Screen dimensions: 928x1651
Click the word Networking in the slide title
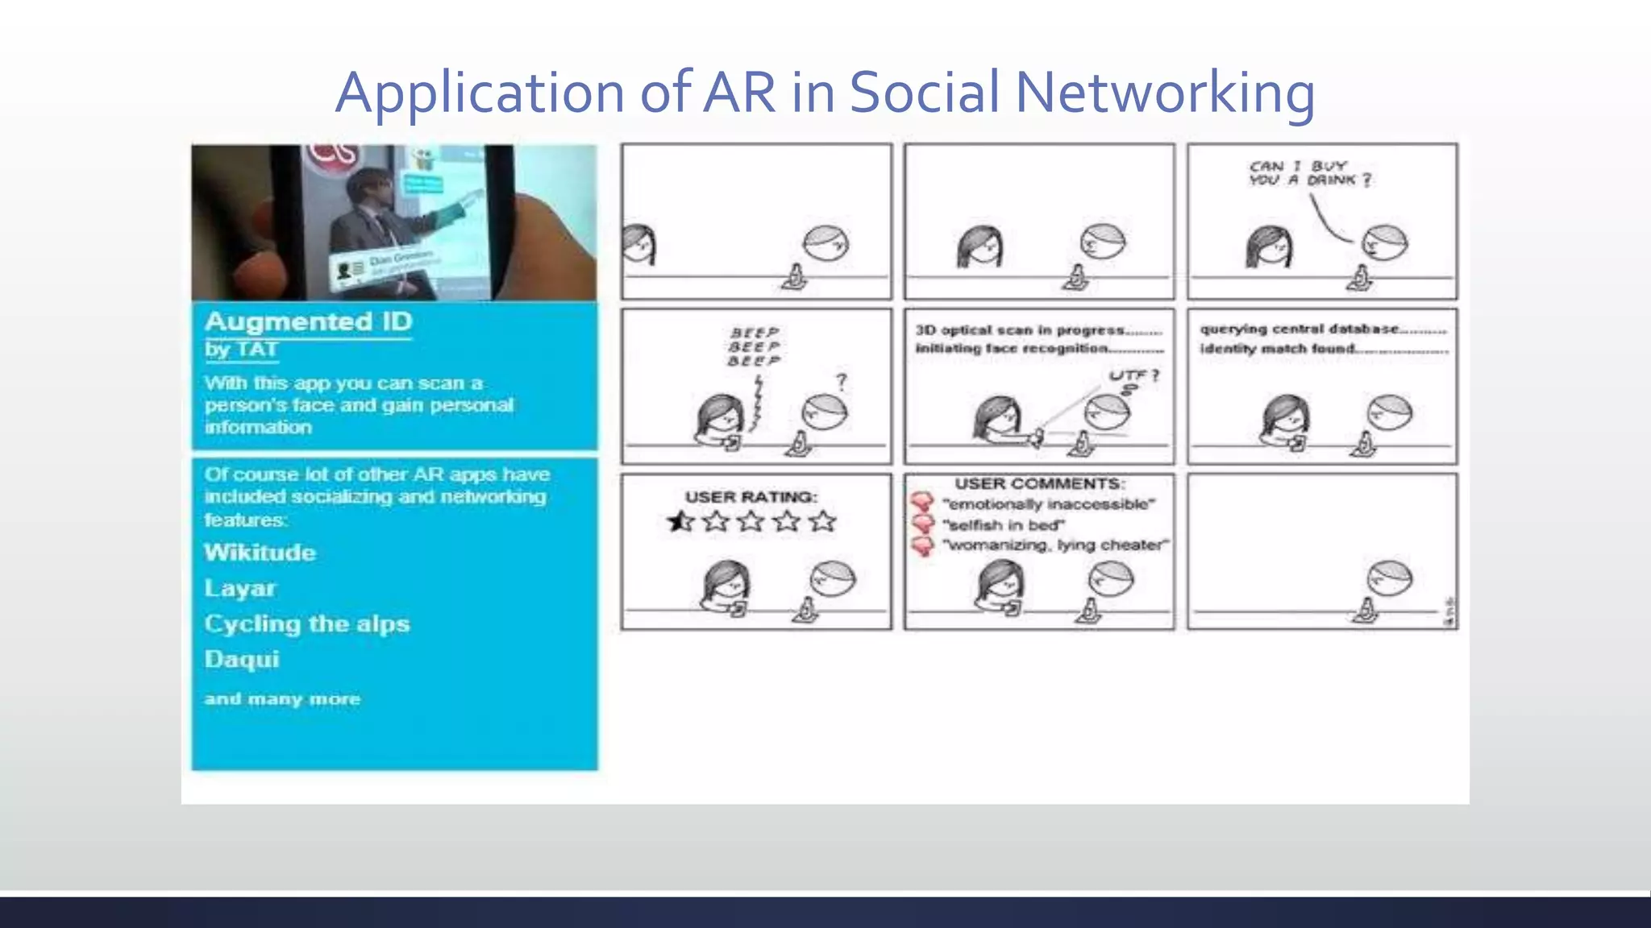click(x=1164, y=93)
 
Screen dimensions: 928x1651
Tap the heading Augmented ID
click(x=308, y=321)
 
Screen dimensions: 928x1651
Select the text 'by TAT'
click(x=241, y=350)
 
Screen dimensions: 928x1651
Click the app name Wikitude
click(x=260, y=553)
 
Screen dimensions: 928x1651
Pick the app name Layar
click(x=239, y=588)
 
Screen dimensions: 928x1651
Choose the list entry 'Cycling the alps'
click(x=306, y=623)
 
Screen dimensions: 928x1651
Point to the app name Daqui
click(x=241, y=659)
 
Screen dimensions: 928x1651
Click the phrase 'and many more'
click(x=282, y=698)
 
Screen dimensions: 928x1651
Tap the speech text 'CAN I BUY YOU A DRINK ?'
click(x=1309, y=173)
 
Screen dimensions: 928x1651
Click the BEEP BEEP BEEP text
click(x=754, y=346)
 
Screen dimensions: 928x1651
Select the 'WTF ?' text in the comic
click(x=1133, y=375)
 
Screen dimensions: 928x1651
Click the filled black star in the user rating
click(x=680, y=522)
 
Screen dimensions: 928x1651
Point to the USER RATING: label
click(x=751, y=497)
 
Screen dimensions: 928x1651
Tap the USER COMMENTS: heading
click(x=1039, y=483)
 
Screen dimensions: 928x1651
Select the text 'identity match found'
click(x=1277, y=349)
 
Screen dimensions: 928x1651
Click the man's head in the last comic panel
click(x=1389, y=578)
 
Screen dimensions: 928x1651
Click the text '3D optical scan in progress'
click(x=1020, y=330)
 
